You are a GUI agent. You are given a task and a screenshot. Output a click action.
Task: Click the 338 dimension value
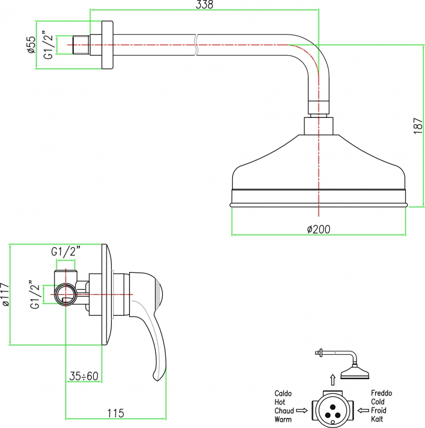[205, 5]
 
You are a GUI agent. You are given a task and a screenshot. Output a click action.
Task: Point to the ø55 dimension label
[32, 44]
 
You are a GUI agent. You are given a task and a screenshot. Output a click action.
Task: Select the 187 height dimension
[418, 126]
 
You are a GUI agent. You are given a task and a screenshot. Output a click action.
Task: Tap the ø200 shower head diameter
[318, 229]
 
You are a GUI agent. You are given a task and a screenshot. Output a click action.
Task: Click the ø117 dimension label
[5, 295]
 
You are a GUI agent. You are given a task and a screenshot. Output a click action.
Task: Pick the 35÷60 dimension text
[83, 376]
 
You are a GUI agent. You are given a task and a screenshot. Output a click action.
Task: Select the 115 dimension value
[116, 413]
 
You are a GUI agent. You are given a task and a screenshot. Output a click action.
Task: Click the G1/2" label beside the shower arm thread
[48, 46]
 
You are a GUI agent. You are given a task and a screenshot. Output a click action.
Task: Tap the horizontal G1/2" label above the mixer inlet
[66, 251]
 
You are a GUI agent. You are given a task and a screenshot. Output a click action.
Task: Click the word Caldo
[283, 393]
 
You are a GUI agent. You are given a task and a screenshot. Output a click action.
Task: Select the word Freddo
[381, 393]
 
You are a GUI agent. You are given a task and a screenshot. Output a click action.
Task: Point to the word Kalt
[377, 419]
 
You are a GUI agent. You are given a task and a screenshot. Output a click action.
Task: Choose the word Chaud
[284, 410]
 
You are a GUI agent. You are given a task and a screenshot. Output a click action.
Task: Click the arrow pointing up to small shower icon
[333, 380]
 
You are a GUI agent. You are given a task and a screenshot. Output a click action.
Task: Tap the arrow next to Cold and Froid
[363, 410]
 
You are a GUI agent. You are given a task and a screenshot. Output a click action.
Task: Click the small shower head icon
[355, 372]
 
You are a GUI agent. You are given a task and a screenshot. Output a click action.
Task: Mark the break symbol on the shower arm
[196, 45]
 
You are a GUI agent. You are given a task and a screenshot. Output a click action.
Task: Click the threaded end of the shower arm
[81, 44]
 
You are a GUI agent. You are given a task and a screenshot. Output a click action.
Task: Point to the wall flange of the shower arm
[107, 45]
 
